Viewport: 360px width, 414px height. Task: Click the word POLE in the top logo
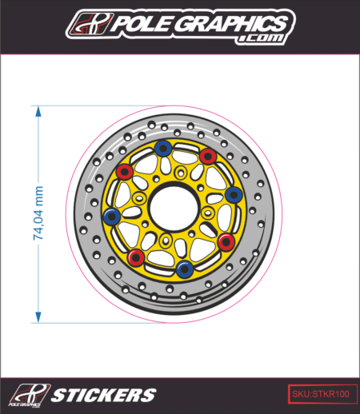(x=142, y=23)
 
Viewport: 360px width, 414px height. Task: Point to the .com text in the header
(x=261, y=38)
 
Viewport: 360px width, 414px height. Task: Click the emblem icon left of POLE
(x=90, y=24)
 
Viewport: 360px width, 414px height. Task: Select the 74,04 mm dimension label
(x=38, y=213)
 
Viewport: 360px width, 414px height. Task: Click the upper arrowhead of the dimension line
(x=38, y=111)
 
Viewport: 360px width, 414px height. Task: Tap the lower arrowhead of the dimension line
(x=38, y=317)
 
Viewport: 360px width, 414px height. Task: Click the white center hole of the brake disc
(x=174, y=208)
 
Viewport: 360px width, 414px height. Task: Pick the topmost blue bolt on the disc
(x=162, y=148)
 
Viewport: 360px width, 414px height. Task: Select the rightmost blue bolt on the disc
(x=234, y=194)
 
